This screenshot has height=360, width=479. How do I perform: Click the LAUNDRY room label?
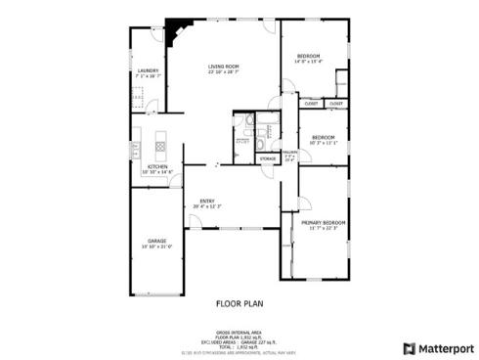pyautogui.click(x=149, y=70)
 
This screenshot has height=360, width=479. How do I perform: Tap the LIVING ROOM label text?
pyautogui.click(x=224, y=67)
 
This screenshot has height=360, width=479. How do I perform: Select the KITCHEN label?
pyautogui.click(x=156, y=167)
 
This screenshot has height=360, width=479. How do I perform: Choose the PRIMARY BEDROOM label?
pyautogui.click(x=323, y=224)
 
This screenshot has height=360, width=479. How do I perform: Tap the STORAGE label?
pyautogui.click(x=267, y=158)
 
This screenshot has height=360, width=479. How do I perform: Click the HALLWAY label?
pyautogui.click(x=290, y=153)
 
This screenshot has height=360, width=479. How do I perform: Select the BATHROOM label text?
pyautogui.click(x=242, y=140)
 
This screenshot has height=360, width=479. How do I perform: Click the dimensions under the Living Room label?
pyautogui.click(x=224, y=72)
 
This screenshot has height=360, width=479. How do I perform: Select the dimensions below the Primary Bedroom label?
pyautogui.click(x=323, y=230)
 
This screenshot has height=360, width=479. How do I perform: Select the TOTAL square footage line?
pyautogui.click(x=239, y=347)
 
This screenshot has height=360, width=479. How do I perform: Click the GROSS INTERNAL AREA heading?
pyautogui.click(x=239, y=333)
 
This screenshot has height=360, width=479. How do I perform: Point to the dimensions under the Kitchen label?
pyautogui.click(x=156, y=173)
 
